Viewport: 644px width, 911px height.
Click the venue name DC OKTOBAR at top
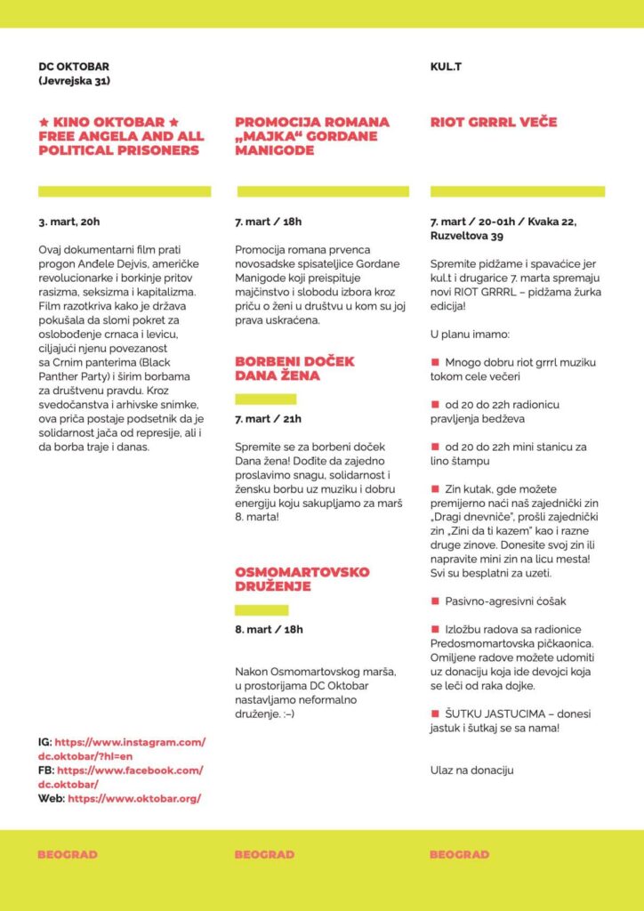pos(74,67)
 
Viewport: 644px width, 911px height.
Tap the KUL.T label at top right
pos(446,67)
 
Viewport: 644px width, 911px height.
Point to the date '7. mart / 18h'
pos(269,222)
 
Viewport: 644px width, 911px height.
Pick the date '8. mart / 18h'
pos(269,629)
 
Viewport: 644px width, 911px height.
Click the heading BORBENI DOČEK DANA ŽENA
pos(294,368)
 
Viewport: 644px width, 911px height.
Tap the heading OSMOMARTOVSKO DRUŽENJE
pos(302,579)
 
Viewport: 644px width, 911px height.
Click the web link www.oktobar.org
pos(133,798)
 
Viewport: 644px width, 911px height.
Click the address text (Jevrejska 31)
pos(74,81)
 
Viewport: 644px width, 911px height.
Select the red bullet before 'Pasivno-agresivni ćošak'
pos(435,601)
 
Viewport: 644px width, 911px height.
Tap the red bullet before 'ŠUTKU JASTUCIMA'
pos(435,713)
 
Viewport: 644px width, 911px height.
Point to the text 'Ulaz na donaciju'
pos(471,770)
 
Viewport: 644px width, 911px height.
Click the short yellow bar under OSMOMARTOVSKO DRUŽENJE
pos(262,610)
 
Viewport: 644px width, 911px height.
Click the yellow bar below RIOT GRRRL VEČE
pos(517,191)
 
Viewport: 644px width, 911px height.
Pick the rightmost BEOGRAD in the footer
pos(459,855)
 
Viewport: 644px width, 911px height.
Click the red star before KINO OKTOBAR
pos(44,122)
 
